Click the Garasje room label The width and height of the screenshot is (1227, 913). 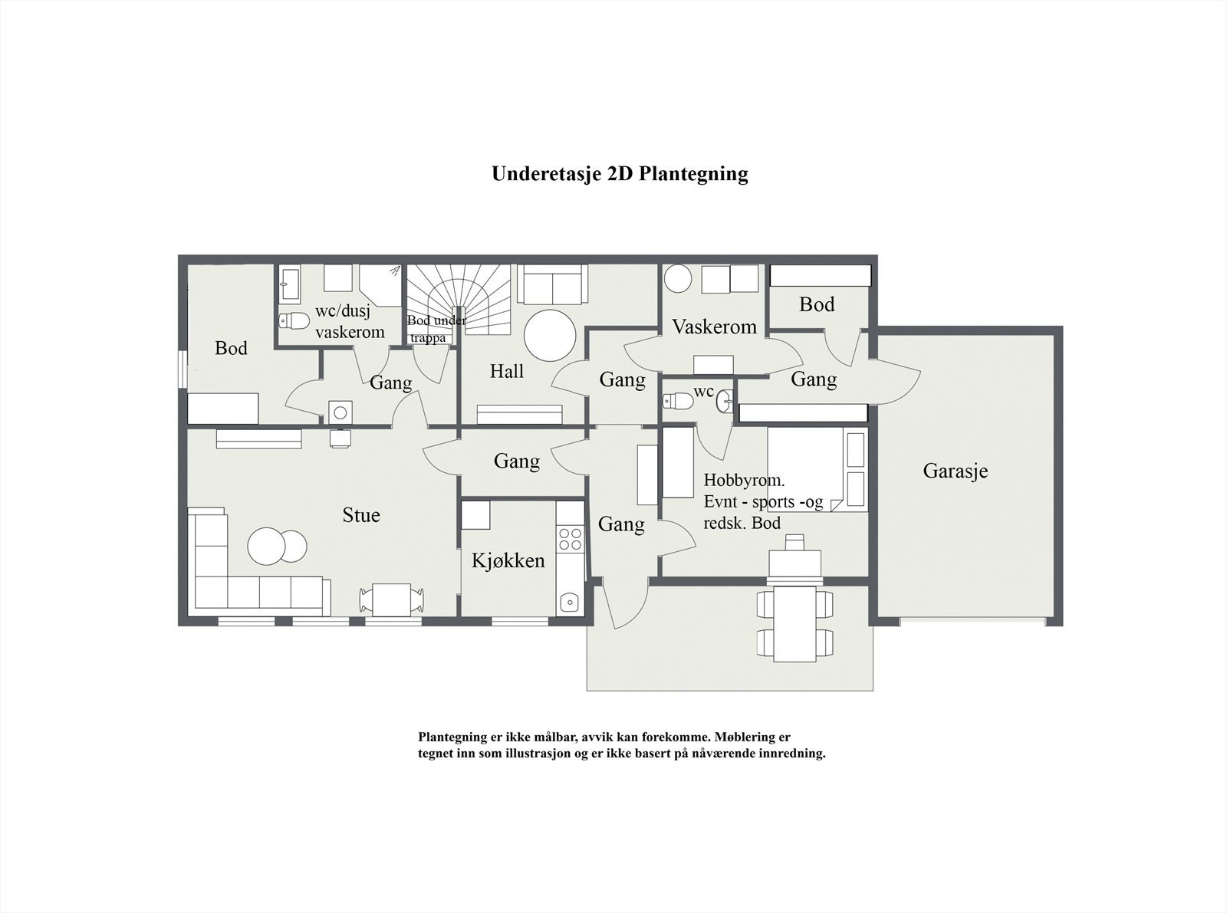955,471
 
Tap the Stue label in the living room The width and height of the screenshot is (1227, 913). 360,515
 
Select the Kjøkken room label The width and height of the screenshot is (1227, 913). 508,560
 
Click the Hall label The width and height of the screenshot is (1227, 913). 506,372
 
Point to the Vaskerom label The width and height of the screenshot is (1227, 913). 714,327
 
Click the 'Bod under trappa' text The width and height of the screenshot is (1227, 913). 435,329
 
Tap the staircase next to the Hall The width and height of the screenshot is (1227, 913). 458,295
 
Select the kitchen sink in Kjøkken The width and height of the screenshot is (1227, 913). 569,602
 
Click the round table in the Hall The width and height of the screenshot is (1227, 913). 550,335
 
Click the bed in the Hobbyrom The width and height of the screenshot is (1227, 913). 817,468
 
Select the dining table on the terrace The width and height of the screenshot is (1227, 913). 794,623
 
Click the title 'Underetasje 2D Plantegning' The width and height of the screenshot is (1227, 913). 620,174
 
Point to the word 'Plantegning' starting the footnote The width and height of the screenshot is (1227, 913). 452,737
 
